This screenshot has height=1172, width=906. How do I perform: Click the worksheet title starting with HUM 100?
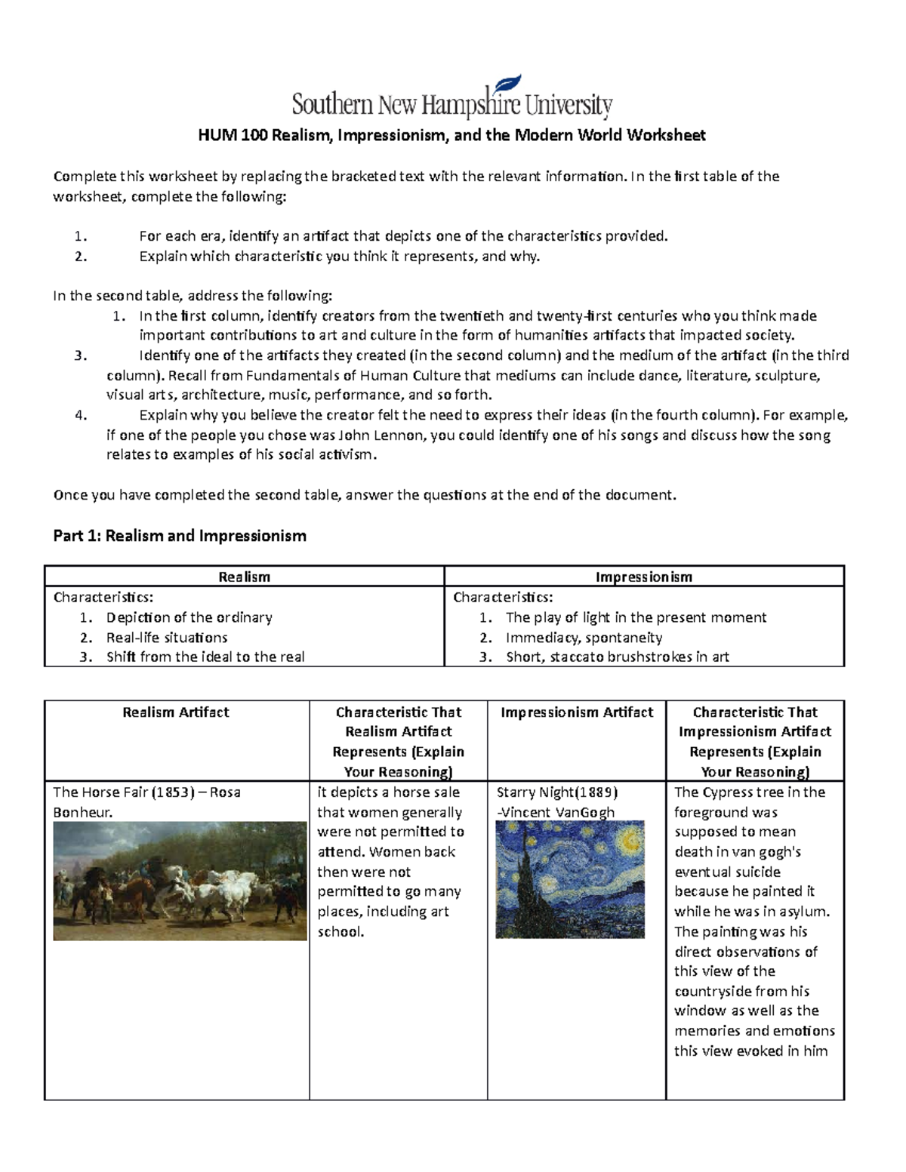click(451, 136)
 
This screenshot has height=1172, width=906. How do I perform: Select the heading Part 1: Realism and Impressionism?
click(180, 536)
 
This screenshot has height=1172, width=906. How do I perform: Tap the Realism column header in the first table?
click(244, 577)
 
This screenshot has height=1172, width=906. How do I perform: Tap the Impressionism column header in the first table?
click(643, 577)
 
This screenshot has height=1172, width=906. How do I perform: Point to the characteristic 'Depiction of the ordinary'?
click(189, 617)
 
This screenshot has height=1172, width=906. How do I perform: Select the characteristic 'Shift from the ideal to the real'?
click(205, 657)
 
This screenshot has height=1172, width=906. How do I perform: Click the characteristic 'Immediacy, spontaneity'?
click(584, 638)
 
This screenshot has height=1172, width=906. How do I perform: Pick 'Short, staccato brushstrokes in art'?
click(617, 657)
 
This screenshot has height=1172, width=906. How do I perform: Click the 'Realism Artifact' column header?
click(176, 712)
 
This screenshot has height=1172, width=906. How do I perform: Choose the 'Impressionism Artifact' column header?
click(577, 712)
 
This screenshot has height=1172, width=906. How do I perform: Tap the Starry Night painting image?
click(570, 879)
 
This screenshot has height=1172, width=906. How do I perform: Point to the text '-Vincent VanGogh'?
click(556, 813)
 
